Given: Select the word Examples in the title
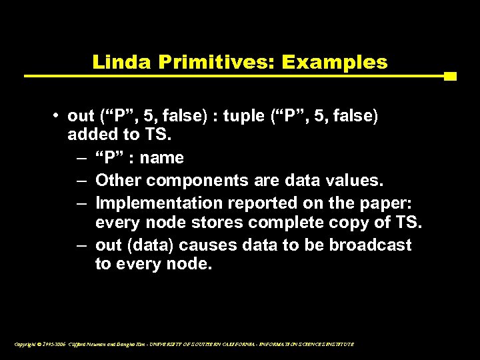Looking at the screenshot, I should [335, 63].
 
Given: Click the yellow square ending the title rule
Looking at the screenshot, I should [450, 76].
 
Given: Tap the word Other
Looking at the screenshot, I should [119, 180].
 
